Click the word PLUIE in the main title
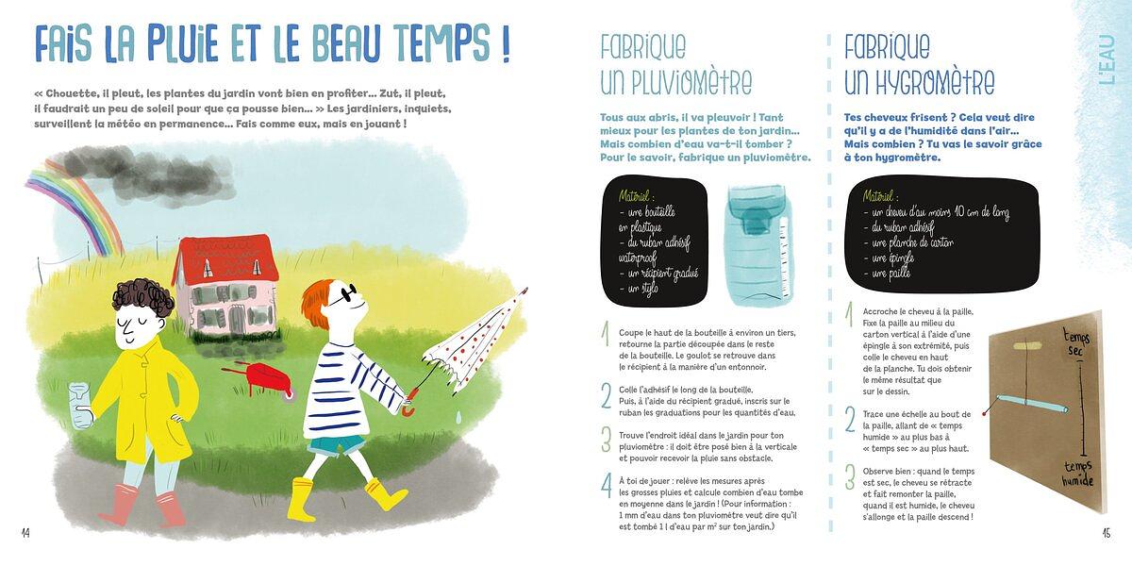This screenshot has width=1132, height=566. coord(182,43)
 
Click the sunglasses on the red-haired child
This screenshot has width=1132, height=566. coord(342,295)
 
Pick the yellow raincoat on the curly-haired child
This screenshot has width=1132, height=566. coord(145,399)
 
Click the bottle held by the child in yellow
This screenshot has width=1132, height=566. coord(80,406)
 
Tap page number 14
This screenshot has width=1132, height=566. coord(25,533)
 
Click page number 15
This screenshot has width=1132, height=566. coord(1106,533)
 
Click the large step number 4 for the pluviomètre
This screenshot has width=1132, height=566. coord(607,486)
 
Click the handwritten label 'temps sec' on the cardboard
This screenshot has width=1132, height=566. coord(1076,342)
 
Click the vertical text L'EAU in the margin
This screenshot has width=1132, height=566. coord(1107,59)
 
